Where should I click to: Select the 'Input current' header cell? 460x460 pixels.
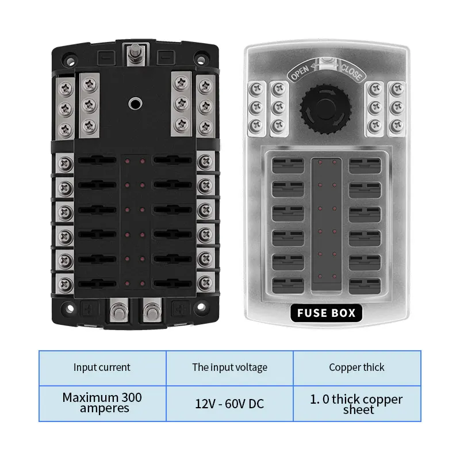(x=102, y=367)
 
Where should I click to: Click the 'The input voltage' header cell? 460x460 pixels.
(x=229, y=367)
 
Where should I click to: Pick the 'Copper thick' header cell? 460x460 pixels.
(x=356, y=367)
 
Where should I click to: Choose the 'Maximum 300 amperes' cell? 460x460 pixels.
(x=102, y=402)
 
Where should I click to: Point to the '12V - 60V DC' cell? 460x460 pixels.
(x=229, y=404)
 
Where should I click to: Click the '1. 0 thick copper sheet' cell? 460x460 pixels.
(x=356, y=404)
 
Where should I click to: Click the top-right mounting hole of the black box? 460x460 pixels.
(x=201, y=57)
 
